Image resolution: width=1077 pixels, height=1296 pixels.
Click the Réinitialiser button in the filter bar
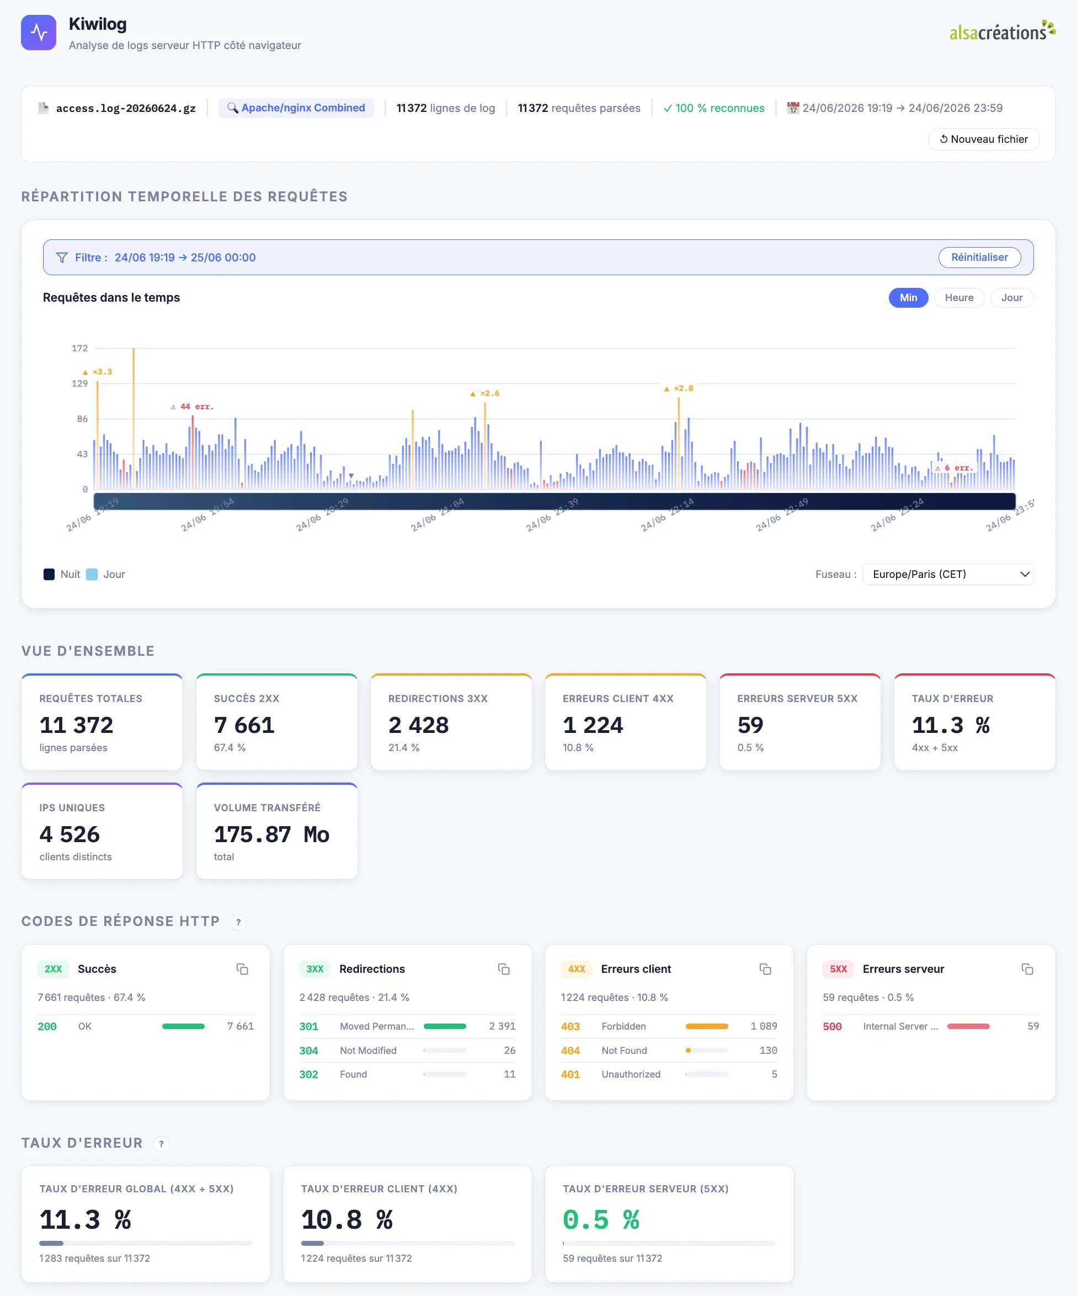(x=979, y=258)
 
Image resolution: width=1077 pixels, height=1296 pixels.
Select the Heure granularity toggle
(x=958, y=297)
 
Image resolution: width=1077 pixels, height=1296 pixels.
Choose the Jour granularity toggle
(x=1011, y=297)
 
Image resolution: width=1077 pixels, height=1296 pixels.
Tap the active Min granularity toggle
(x=908, y=297)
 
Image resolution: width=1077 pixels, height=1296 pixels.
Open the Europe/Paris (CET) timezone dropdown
(x=947, y=574)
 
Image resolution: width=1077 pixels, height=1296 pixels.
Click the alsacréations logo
(x=1001, y=31)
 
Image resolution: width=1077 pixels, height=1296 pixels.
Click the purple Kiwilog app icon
(x=38, y=32)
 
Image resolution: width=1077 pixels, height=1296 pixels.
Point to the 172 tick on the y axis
(x=79, y=348)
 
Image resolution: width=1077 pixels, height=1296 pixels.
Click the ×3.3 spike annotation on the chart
(x=98, y=372)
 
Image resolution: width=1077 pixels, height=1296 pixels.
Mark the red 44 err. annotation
(x=192, y=406)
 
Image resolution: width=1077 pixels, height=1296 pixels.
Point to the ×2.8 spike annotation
(x=679, y=388)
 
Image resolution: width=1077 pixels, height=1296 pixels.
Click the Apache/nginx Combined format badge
(x=296, y=108)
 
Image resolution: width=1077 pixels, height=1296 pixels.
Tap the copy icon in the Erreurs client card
(x=765, y=969)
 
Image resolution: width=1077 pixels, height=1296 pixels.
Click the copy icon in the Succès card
(x=242, y=969)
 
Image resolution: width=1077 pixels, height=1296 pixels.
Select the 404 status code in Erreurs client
(x=570, y=1051)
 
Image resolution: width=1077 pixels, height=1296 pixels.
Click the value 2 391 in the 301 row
(x=502, y=1026)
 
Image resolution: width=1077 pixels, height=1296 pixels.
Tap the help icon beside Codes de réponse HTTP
(x=238, y=922)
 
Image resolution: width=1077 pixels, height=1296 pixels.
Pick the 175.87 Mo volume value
(x=271, y=834)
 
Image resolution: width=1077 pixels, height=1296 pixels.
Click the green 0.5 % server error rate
(x=601, y=1219)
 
